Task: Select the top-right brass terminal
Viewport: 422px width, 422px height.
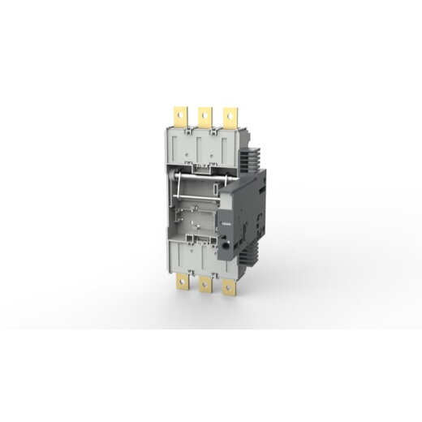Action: pyautogui.click(x=231, y=115)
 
